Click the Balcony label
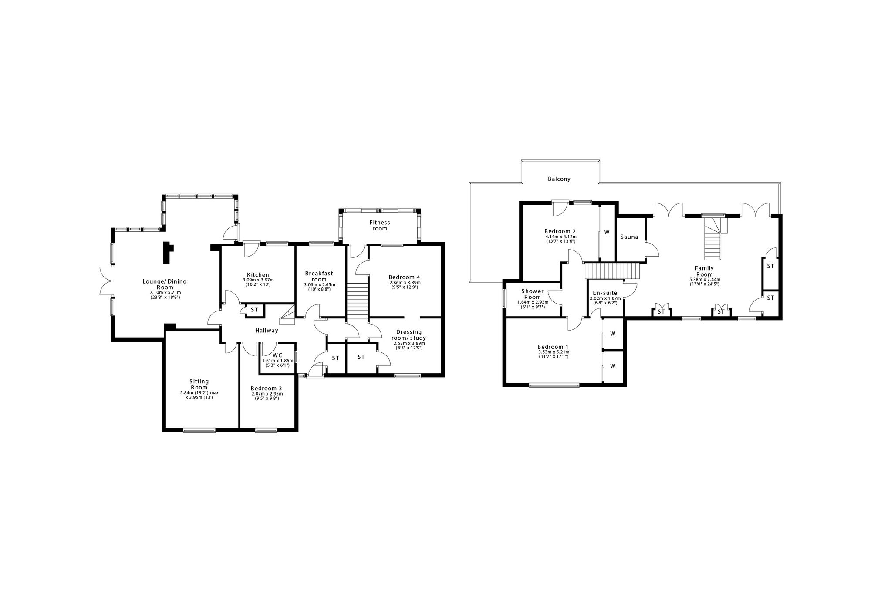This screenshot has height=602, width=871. pos(559,179)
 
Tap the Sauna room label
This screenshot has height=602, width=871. pos(629,237)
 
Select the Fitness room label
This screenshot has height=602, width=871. pos(380,226)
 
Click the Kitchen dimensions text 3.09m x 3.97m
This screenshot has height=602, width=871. pos(258,280)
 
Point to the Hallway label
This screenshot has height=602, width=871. pos(267,331)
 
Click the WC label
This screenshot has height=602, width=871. pos(277,355)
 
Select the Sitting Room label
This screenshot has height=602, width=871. pos(199,385)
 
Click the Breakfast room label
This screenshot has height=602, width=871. pos(319,277)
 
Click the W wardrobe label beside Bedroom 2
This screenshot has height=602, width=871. pos(606,232)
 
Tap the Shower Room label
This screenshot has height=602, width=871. pos(532,294)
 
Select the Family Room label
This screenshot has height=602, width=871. pos(704,271)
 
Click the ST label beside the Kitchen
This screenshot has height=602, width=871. pos(254,310)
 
